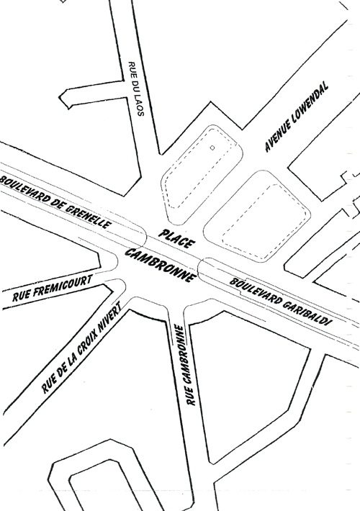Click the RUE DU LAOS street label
click(136, 89)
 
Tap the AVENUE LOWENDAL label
click(296, 117)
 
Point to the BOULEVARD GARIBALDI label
click(281, 302)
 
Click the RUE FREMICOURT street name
click(52, 288)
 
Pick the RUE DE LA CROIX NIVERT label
click(81, 347)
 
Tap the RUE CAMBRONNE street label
click(185, 365)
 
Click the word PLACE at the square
click(177, 238)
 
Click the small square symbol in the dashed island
click(212, 148)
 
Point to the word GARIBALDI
click(307, 315)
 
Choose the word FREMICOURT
click(63, 285)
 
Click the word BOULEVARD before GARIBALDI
click(255, 289)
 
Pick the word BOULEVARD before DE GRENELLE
click(25, 189)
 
